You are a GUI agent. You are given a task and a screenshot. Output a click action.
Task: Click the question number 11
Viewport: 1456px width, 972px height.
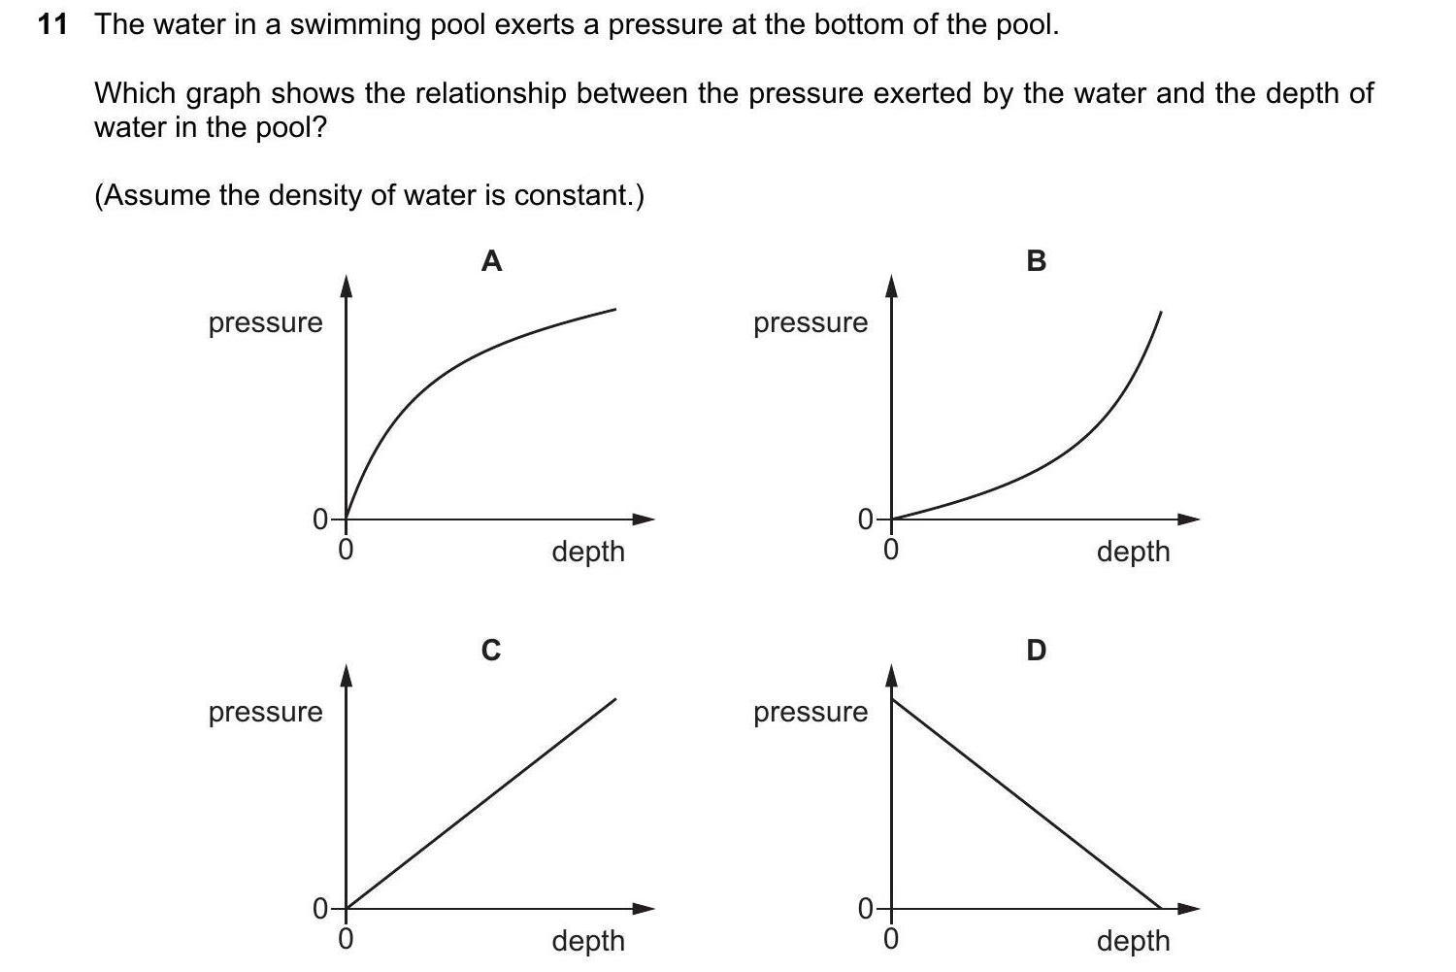pyautogui.click(x=52, y=25)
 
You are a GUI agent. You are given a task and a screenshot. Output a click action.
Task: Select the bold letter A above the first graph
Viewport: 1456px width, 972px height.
pyautogui.click(x=491, y=260)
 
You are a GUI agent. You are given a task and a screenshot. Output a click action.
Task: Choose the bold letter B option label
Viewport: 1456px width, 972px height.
pyautogui.click(x=1036, y=260)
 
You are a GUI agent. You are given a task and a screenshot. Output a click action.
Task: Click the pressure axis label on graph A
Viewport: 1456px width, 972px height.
pyautogui.click(x=265, y=322)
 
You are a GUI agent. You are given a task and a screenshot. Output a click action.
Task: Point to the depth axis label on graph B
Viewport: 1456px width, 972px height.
pyautogui.click(x=1133, y=552)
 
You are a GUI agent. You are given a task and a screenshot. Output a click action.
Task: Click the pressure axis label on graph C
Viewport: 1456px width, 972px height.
pyautogui.click(x=265, y=712)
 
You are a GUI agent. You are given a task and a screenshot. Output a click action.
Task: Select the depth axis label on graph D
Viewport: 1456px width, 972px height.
pyautogui.click(x=1133, y=940)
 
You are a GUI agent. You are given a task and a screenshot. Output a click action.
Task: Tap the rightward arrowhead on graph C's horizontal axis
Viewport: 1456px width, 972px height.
pyautogui.click(x=644, y=909)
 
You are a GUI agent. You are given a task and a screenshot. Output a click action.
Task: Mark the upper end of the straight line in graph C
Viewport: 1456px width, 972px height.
pyautogui.click(x=615, y=698)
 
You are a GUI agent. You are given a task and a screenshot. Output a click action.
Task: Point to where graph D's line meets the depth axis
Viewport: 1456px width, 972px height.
pyautogui.click(x=1161, y=909)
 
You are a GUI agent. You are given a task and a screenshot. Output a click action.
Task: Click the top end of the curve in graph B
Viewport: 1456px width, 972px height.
pyautogui.click(x=1161, y=312)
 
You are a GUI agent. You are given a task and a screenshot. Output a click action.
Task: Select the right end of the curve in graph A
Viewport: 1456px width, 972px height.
pyautogui.click(x=615, y=309)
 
